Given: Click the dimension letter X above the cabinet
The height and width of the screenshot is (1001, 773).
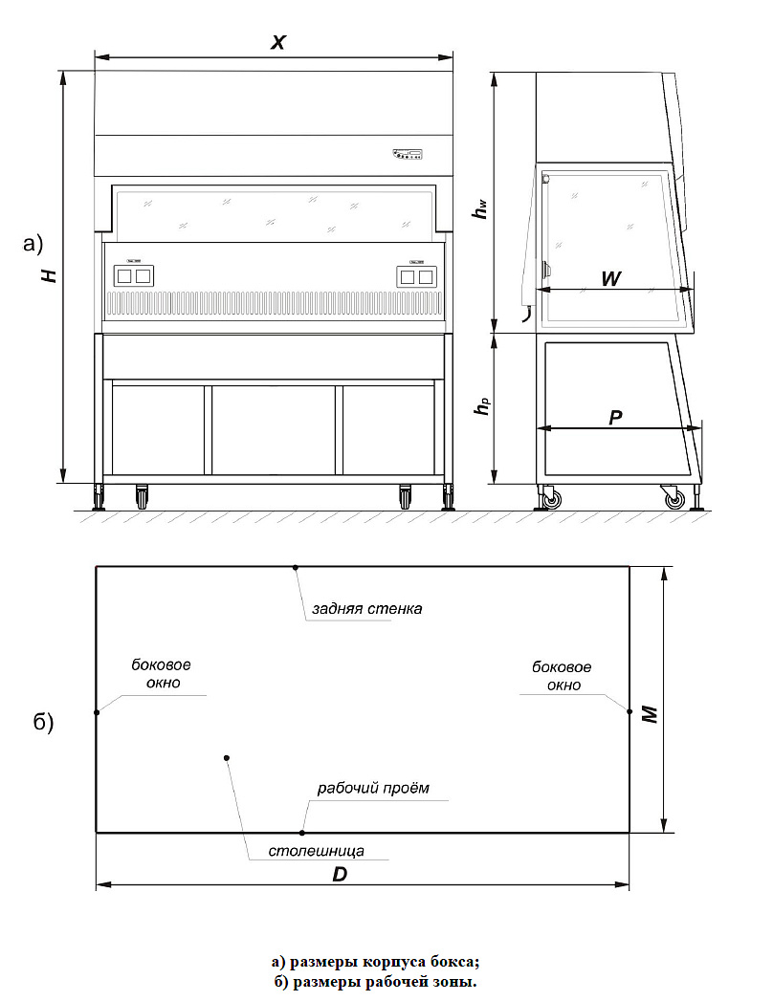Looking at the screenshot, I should click(x=278, y=42).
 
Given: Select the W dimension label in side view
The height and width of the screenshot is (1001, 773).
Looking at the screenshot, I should click(x=611, y=277).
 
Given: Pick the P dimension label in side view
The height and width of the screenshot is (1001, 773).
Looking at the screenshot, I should click(x=616, y=418).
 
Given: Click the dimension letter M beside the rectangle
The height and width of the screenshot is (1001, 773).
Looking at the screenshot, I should click(x=651, y=712).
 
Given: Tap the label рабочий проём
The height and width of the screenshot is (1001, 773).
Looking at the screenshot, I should click(x=373, y=789).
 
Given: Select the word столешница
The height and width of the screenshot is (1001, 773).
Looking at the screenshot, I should click(x=316, y=850).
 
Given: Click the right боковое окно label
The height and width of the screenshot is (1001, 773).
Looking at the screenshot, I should click(x=562, y=676).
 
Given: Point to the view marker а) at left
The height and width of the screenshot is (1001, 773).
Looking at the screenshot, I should click(x=33, y=245).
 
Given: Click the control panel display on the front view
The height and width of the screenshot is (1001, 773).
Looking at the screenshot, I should click(x=408, y=154).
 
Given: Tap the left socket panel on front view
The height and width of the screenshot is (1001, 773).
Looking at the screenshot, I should click(x=134, y=275).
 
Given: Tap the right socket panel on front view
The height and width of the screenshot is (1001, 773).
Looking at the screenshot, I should click(x=414, y=275).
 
